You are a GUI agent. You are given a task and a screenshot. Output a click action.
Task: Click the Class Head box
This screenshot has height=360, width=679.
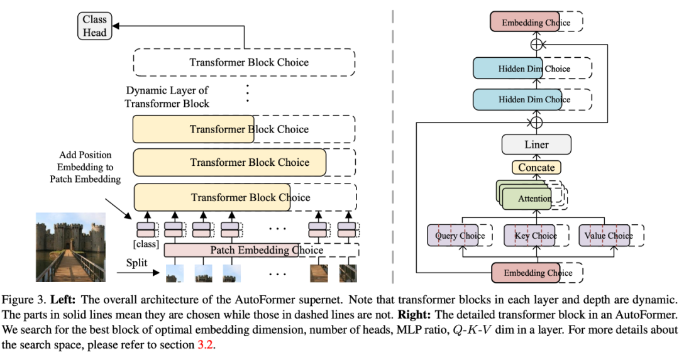pos(94,26)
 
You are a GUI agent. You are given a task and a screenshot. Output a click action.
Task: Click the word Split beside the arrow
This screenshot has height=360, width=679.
pos(136,263)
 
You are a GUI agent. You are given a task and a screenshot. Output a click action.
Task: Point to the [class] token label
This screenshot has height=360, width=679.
pos(146,244)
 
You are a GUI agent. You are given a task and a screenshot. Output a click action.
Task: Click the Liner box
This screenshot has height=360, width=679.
pos(536,145)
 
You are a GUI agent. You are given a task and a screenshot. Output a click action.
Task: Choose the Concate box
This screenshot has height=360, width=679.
pos(536,167)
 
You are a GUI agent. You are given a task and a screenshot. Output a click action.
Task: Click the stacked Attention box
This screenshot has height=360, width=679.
pos(531,199)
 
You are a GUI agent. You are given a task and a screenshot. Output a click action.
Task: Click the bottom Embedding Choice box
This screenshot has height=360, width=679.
pos(536,273)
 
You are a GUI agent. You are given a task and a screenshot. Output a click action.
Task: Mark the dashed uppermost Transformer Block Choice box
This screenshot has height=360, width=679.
pos(244,62)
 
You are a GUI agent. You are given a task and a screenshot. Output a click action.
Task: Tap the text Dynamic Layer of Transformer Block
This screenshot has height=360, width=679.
pos(167,97)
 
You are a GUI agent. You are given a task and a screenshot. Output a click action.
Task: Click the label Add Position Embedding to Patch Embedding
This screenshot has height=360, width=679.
pos(85,166)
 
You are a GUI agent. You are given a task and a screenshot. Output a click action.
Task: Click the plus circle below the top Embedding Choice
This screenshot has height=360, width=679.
pos(536,45)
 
